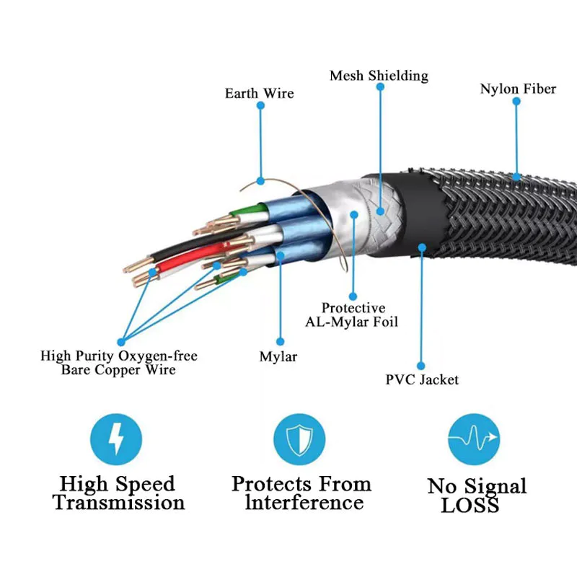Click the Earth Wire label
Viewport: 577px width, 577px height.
pos(259,94)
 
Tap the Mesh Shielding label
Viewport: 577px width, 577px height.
pos(379,76)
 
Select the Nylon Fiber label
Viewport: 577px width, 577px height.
pos(518,89)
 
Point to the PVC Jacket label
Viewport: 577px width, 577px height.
pos(422,379)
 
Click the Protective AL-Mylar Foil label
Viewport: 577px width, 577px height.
pos(353,314)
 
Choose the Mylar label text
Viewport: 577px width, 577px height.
pos(278,356)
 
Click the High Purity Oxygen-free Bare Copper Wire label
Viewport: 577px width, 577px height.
pos(118,363)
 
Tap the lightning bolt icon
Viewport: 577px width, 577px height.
pos(116,439)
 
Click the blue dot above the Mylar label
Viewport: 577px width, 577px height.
pos(280,340)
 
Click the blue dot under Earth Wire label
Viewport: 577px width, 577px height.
pos(260,105)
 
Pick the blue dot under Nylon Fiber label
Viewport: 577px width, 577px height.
pos(517,102)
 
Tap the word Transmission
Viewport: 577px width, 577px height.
pos(119,502)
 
